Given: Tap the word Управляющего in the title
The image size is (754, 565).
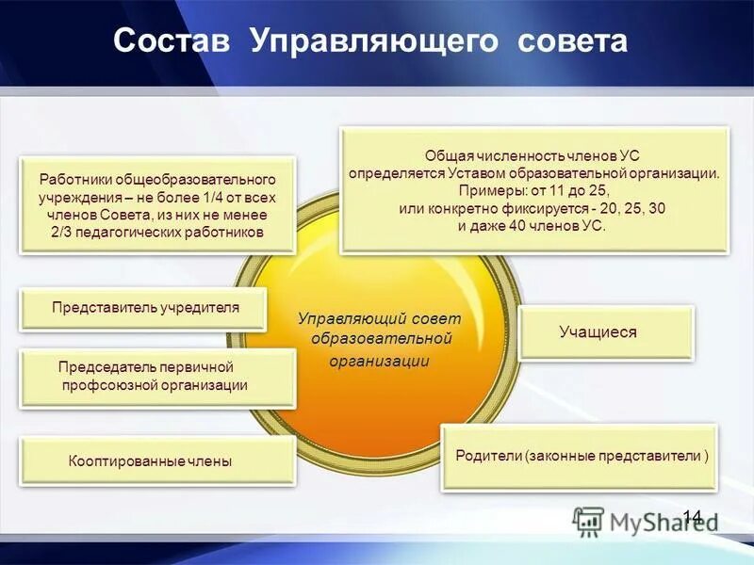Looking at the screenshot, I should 375,42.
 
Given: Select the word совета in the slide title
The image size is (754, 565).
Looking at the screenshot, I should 571,42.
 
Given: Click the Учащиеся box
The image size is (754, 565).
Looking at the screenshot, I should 606,332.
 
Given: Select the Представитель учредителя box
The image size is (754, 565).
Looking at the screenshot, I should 145,308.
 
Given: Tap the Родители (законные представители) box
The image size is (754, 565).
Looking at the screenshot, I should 580,456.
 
